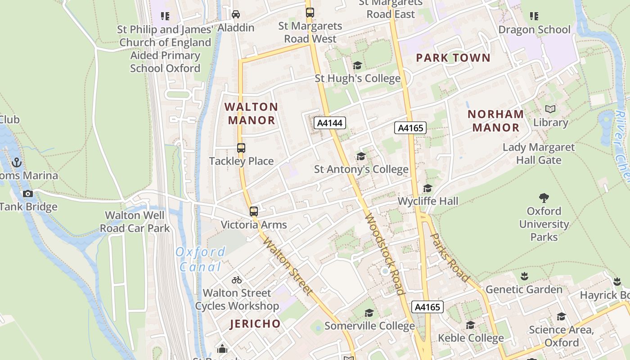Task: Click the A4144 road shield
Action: [x=329, y=123]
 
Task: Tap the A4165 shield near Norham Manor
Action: [x=410, y=128]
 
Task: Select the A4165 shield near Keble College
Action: [x=427, y=307]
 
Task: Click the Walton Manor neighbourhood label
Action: [x=251, y=113]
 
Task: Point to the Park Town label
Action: [x=453, y=58]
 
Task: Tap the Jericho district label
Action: [x=255, y=324]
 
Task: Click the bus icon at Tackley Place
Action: [x=241, y=148]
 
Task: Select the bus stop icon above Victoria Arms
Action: [x=254, y=211]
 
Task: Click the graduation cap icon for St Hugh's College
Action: [x=357, y=66]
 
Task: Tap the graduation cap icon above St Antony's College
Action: [x=361, y=156]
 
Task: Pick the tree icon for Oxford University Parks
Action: [x=544, y=198]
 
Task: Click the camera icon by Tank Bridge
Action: [x=28, y=193]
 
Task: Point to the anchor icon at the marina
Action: [x=17, y=162]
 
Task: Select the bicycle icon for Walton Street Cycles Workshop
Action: [x=237, y=280]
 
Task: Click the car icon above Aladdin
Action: [x=236, y=14]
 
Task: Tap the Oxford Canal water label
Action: [x=201, y=259]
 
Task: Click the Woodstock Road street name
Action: [x=383, y=254]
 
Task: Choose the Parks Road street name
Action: [x=450, y=256]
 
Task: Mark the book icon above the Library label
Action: [x=550, y=109]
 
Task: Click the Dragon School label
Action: [x=534, y=30]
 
